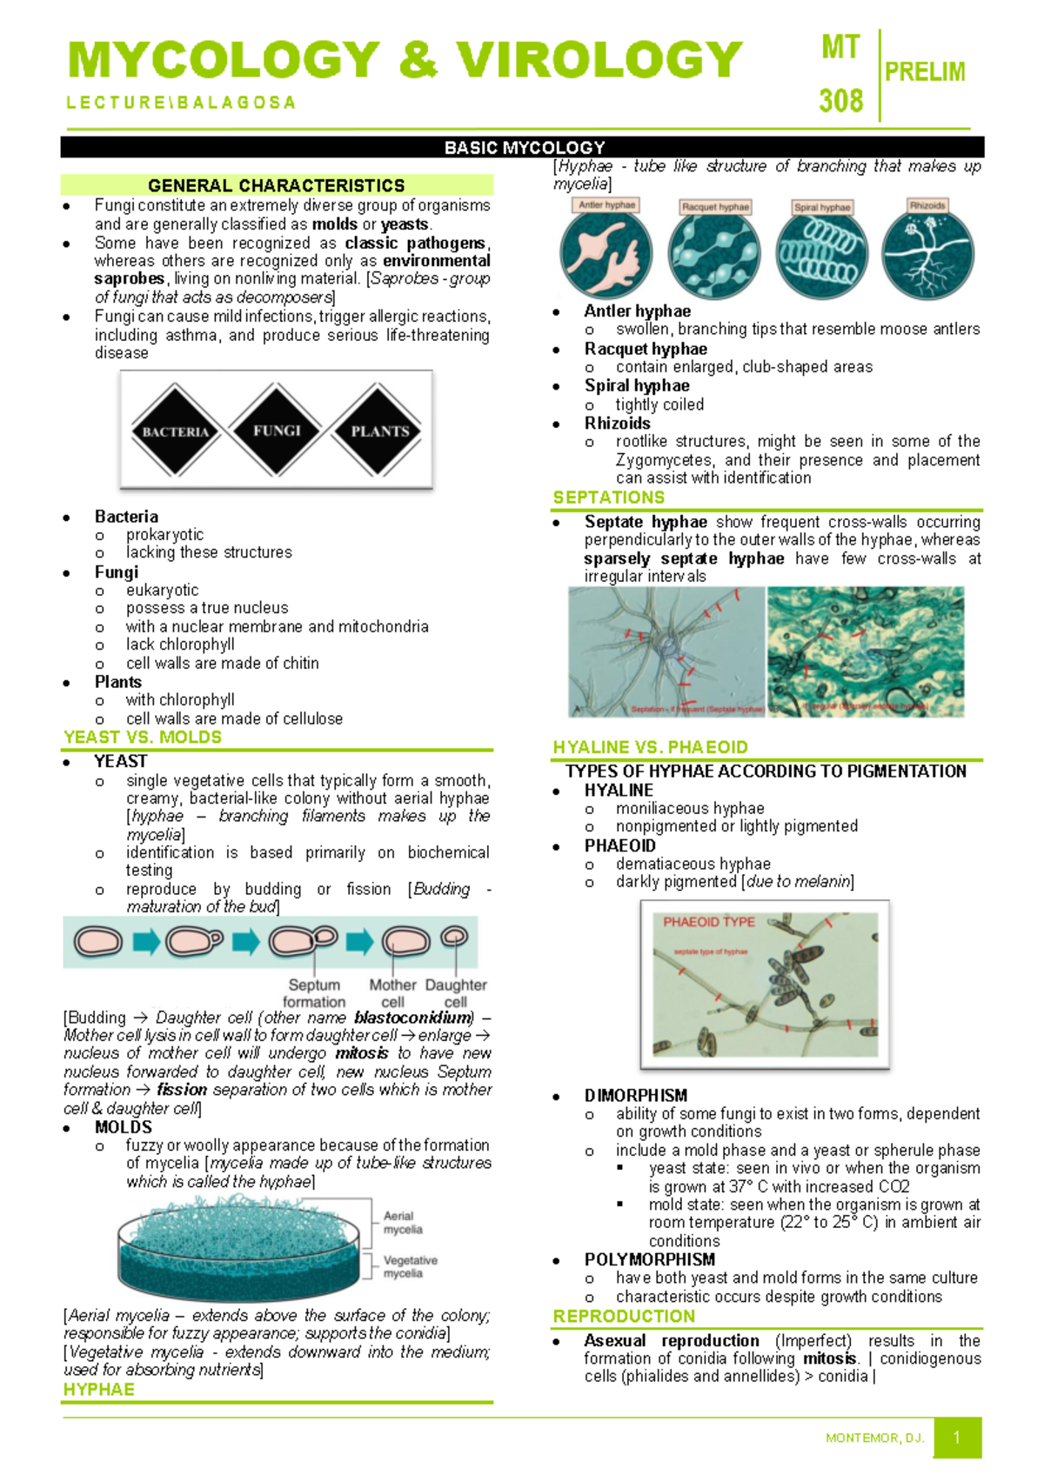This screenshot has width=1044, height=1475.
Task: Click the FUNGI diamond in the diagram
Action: (x=277, y=430)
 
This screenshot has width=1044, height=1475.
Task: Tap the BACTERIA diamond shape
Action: (x=176, y=431)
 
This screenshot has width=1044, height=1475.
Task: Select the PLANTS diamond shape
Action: (x=379, y=431)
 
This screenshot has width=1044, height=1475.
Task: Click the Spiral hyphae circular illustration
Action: (x=821, y=254)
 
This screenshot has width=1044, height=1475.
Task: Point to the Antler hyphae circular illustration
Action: (x=606, y=254)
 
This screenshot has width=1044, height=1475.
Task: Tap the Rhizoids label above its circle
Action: (x=927, y=206)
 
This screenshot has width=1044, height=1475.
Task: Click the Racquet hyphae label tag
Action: (x=715, y=207)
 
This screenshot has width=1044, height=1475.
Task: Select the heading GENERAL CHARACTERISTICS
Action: (x=276, y=185)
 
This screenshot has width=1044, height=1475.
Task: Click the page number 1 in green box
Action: (x=957, y=1438)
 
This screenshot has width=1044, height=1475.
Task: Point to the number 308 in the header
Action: (x=840, y=101)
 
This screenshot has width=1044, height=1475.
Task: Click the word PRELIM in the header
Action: (x=925, y=71)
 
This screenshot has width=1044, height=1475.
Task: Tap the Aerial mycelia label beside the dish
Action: (x=402, y=1223)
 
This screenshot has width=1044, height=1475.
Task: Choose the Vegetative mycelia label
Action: (x=410, y=1266)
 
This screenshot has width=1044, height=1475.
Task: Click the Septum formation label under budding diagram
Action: (x=314, y=993)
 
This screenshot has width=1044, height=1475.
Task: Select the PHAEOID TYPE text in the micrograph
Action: (x=709, y=922)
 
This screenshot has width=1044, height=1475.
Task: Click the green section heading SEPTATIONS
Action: (x=609, y=497)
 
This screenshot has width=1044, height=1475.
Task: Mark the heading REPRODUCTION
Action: (x=624, y=1316)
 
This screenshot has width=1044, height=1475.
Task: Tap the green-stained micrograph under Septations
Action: (x=866, y=651)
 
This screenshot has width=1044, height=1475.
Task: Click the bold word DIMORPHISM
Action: (x=635, y=1095)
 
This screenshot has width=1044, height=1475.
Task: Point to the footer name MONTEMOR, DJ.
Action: (x=874, y=1438)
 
